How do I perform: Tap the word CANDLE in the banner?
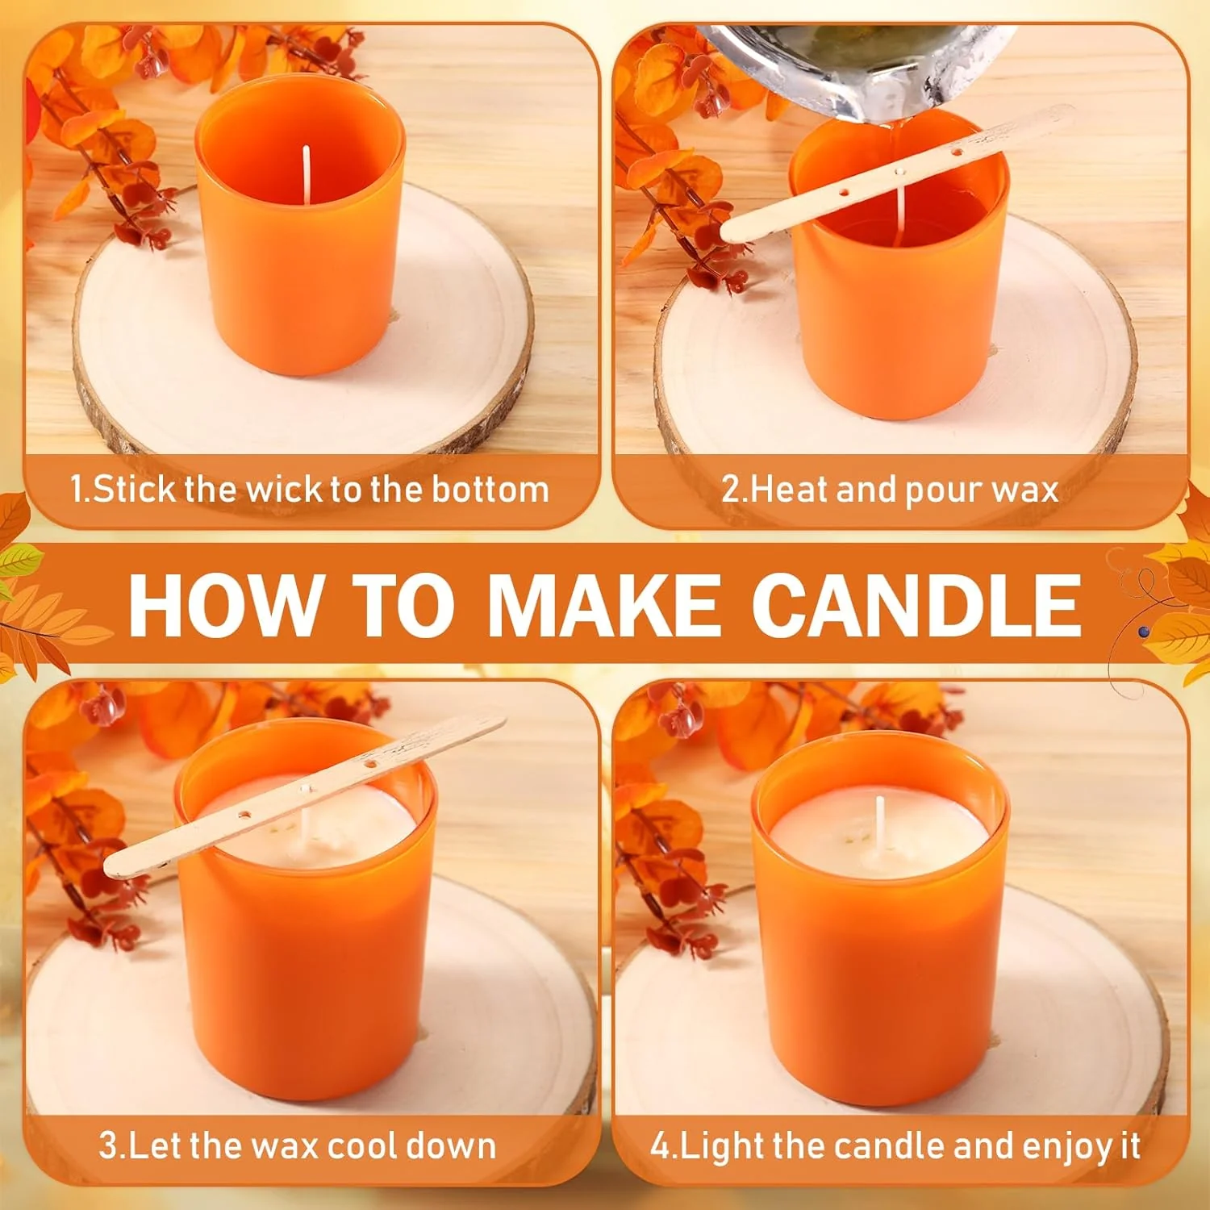[916, 604]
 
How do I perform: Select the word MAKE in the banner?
[604, 604]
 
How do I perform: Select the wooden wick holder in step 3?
[304, 795]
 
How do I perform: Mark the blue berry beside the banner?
[1143, 632]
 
